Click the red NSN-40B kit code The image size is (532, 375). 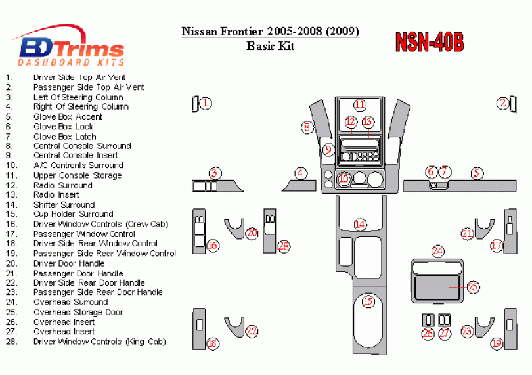(430, 42)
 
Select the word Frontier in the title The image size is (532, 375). (242, 32)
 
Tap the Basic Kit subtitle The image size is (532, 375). (271, 46)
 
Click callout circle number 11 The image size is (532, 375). (360, 104)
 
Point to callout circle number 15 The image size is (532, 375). (368, 301)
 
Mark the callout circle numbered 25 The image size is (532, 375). (473, 287)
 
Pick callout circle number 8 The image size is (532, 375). (307, 127)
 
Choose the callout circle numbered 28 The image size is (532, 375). (284, 246)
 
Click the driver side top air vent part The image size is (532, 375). (195, 104)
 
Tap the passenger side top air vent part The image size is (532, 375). (513, 104)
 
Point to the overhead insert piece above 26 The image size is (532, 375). (428, 320)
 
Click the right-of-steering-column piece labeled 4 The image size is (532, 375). (299, 186)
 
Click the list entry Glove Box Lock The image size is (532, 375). (63, 127)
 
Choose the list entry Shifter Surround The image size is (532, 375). (64, 205)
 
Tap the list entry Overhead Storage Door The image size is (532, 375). (78, 312)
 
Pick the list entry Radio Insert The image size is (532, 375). (56, 195)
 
